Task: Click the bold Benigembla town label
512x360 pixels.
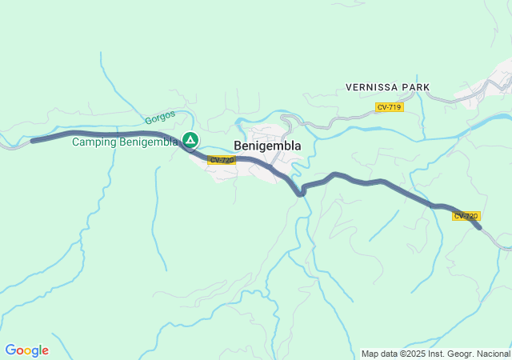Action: pos(267,146)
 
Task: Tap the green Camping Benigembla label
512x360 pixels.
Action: pos(124,142)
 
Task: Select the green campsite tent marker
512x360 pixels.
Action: pos(190,141)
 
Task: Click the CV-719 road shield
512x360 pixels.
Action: pos(390,107)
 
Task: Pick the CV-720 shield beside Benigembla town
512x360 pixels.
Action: pos(222,160)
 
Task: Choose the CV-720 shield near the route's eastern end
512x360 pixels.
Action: pos(466,216)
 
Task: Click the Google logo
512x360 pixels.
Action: pos(26,350)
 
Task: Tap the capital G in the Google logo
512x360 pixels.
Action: pos(10,350)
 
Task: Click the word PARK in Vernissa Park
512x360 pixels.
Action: pos(417,86)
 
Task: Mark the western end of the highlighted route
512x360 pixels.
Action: pos(33,141)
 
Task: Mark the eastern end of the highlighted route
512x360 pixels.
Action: pos(478,228)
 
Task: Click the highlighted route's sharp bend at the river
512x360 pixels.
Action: pos(301,192)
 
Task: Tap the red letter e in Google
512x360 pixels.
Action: pos(45,351)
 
